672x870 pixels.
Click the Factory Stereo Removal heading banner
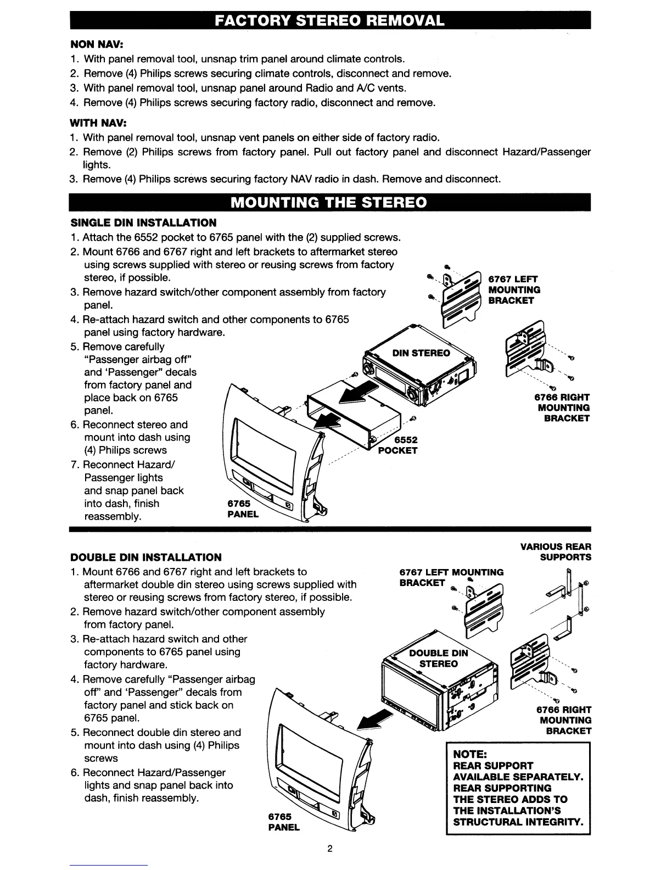[x=329, y=21]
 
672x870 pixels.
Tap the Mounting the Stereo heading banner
[x=329, y=202]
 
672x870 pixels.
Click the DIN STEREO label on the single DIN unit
[x=421, y=353]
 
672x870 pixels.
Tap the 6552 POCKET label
[x=398, y=445]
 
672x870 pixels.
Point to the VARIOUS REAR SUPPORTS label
[x=556, y=551]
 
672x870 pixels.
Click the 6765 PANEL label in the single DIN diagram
[x=242, y=509]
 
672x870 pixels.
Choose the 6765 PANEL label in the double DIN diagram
[x=283, y=822]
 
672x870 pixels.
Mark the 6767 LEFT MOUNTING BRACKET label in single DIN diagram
[x=514, y=289]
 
